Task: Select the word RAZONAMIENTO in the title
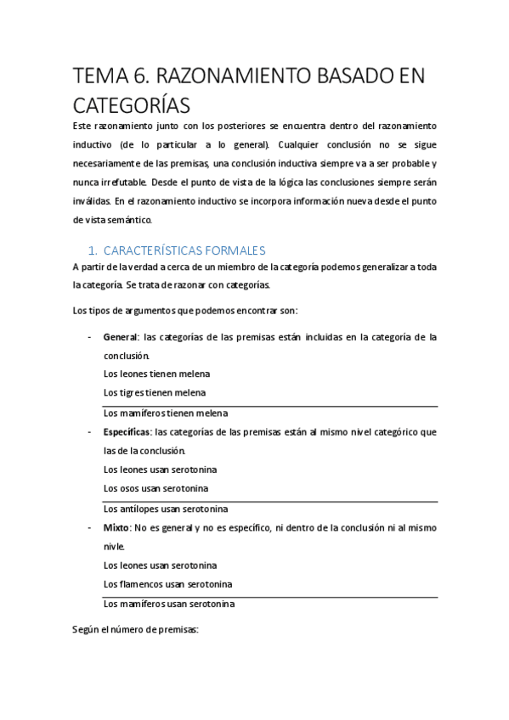247,77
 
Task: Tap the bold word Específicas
128,432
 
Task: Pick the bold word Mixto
118,527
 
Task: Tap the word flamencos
154,584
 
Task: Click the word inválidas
91,200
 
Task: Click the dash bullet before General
90,337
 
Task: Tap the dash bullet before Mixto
90,527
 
